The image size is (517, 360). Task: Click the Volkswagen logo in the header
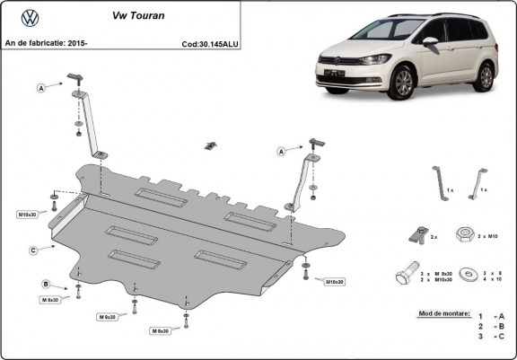[29, 16]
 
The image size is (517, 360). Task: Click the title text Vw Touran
[132, 15]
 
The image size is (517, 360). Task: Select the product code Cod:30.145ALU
[211, 42]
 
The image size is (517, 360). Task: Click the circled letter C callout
[32, 250]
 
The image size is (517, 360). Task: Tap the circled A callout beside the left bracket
[40, 88]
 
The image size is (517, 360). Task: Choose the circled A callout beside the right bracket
[280, 152]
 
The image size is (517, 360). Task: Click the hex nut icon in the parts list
[465, 235]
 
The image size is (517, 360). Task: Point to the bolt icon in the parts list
[405, 276]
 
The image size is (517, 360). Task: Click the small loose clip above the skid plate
[211, 145]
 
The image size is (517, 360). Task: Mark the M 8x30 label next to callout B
[49, 300]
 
